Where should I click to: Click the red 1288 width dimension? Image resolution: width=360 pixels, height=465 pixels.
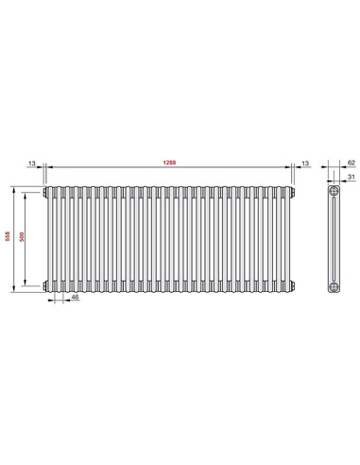point(168,163)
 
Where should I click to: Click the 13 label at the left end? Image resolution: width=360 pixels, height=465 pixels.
point(32,163)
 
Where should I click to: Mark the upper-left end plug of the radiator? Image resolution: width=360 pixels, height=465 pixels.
point(43,193)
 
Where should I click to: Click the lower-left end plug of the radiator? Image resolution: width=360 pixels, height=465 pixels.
point(43,284)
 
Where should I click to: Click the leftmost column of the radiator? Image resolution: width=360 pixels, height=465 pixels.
point(53,238)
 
